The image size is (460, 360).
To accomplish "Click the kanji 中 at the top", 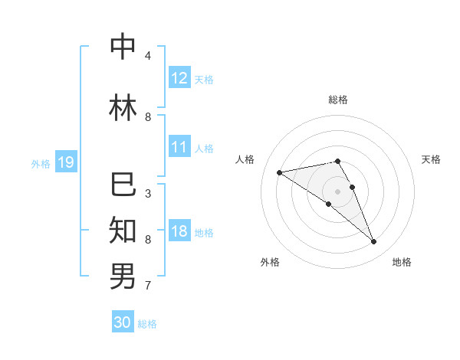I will pyautogui.click(x=123, y=47).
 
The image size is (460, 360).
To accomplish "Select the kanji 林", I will pyautogui.click(x=123, y=108).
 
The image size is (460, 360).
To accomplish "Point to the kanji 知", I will pyautogui.click(x=123, y=230).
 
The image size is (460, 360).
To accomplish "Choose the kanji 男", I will pyautogui.click(x=123, y=276).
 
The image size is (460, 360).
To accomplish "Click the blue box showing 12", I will pyautogui.click(x=179, y=78).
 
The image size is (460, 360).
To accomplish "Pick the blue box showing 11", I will pyautogui.click(x=179, y=147).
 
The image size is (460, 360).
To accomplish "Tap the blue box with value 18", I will pyautogui.click(x=179, y=231).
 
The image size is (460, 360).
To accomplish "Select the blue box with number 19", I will pyautogui.click(x=65, y=162).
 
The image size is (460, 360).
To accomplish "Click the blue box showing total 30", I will pyautogui.click(x=123, y=322).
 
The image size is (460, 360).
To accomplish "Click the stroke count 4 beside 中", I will pyautogui.click(x=148, y=55).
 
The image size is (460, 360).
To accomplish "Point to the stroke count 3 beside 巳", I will pyautogui.click(x=148, y=193).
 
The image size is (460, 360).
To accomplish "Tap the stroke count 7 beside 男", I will pyautogui.click(x=148, y=286).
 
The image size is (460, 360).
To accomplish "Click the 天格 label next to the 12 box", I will pyautogui.click(x=204, y=79).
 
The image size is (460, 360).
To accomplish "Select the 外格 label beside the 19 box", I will pyautogui.click(x=41, y=163).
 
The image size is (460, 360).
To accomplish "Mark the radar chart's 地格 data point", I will pyautogui.click(x=374, y=242).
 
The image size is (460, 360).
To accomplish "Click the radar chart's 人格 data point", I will pyautogui.click(x=279, y=172).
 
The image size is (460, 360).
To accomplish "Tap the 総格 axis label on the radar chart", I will pyautogui.click(x=337, y=100).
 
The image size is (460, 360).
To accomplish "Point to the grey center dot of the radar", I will pyautogui.click(x=337, y=191).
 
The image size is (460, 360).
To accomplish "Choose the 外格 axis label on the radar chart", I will pyautogui.click(x=270, y=262).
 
